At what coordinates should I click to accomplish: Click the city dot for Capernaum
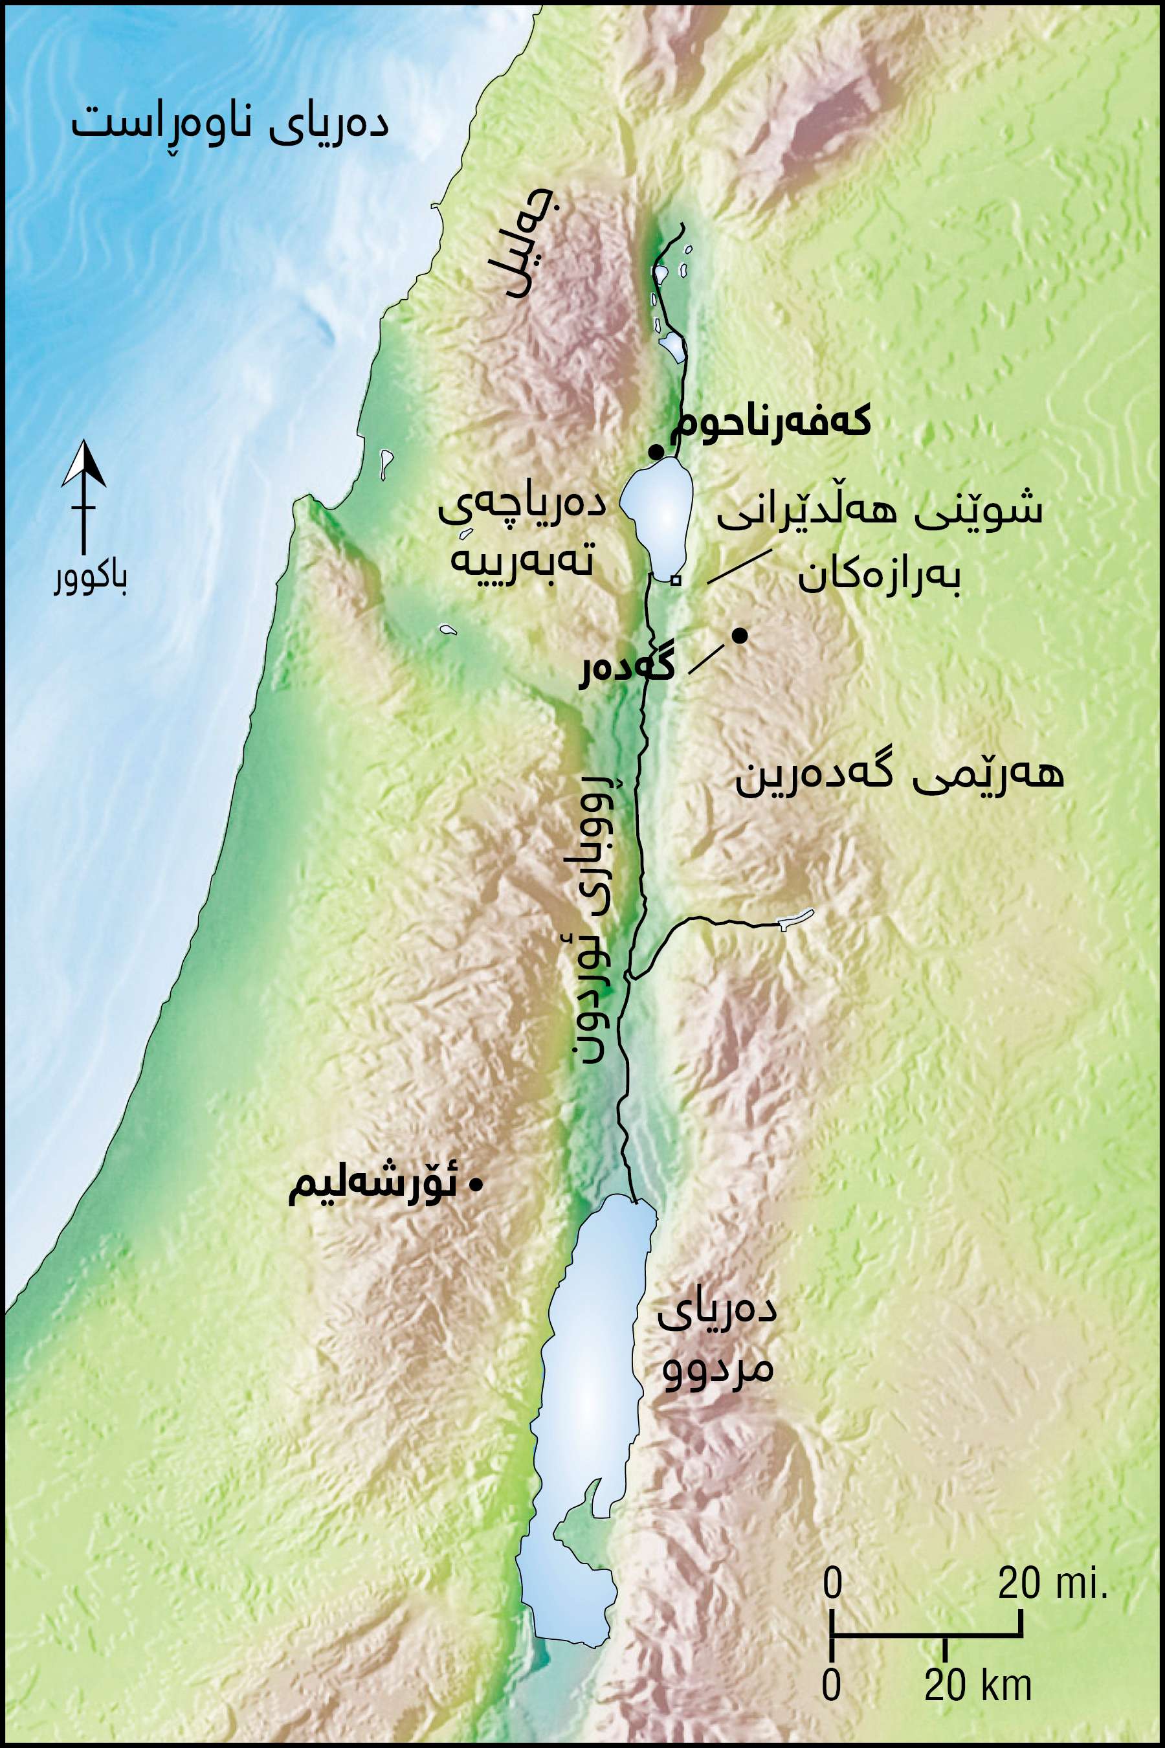click(x=656, y=452)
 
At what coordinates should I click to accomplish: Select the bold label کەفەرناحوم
click(x=770, y=422)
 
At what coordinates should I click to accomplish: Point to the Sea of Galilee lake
click(x=658, y=513)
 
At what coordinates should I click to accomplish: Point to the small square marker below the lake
click(x=674, y=581)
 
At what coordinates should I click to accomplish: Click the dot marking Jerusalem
click(x=476, y=1185)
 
